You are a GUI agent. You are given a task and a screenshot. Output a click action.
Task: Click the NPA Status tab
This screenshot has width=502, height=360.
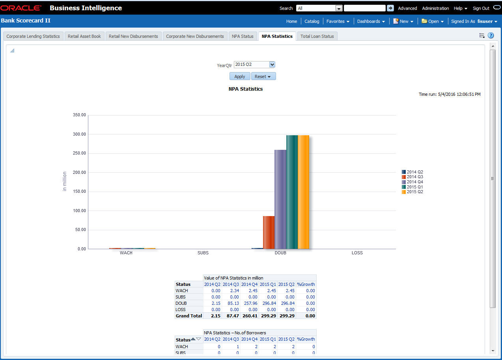pyautogui.click(x=243, y=36)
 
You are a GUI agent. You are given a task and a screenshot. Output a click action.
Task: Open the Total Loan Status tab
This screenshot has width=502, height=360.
pyautogui.click(x=317, y=36)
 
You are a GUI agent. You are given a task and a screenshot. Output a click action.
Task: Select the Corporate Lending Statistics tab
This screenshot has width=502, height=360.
pyautogui.click(x=33, y=36)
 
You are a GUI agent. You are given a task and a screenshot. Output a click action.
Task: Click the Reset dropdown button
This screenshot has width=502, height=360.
pyautogui.click(x=263, y=76)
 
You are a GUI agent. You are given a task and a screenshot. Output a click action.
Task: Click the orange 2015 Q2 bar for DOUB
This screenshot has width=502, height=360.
pyautogui.click(x=303, y=192)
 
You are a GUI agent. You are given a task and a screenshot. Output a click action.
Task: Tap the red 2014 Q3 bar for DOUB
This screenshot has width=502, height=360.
pyautogui.click(x=269, y=232)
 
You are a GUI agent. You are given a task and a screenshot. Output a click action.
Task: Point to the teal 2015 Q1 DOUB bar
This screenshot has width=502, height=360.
pyautogui.click(x=292, y=192)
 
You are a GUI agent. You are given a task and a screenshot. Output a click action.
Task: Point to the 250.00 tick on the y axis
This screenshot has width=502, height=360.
pyautogui.click(x=79, y=153)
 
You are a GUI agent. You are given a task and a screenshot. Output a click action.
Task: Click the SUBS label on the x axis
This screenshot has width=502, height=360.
pyautogui.click(x=203, y=253)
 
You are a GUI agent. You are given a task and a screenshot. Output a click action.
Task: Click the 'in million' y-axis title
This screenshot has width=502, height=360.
pyautogui.click(x=65, y=181)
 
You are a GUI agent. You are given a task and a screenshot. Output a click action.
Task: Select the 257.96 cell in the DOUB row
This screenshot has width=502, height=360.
pyautogui.click(x=249, y=303)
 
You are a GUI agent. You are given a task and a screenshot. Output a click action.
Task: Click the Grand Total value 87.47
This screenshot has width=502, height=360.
pyautogui.click(x=231, y=316)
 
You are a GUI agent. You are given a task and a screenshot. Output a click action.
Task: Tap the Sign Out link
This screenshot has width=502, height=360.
pyautogui.click(x=481, y=8)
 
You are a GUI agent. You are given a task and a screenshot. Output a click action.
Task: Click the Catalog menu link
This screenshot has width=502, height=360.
pyautogui.click(x=312, y=21)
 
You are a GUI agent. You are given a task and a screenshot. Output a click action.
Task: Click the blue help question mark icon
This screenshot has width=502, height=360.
pyautogui.click(x=491, y=35)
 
